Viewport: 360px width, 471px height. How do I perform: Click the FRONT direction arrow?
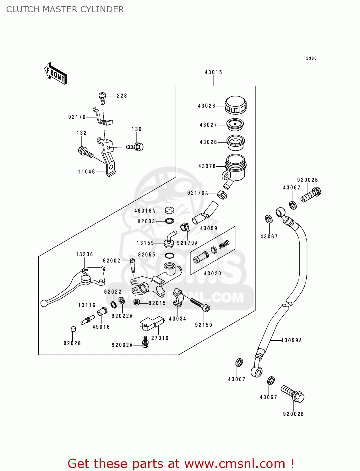point(56,73)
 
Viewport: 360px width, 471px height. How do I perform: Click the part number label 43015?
point(213,72)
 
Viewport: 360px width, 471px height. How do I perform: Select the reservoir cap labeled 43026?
point(235,105)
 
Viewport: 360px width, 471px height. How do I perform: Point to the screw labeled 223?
point(102,97)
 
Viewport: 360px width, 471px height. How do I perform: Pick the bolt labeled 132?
point(85,152)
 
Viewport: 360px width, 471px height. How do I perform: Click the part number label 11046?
point(86,172)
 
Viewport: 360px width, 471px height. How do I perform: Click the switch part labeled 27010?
point(151,323)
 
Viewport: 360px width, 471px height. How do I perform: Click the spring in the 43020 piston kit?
point(224,244)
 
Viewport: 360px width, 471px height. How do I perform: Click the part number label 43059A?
point(291,340)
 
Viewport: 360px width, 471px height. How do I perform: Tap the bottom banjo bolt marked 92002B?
point(293,394)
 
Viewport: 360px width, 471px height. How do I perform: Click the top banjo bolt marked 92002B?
point(311,195)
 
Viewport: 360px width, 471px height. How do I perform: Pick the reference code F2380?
point(310,58)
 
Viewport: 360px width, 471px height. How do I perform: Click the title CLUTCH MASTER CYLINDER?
point(65,9)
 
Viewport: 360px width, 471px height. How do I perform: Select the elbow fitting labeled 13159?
point(170,239)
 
